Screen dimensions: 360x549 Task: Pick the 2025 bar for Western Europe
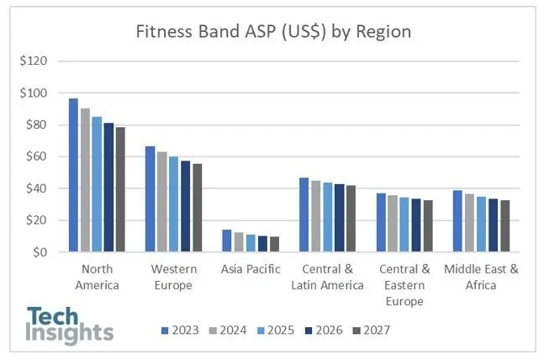[x=173, y=204]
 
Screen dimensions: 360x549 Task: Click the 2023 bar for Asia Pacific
[x=226, y=241]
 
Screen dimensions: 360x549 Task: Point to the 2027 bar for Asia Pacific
[x=274, y=244]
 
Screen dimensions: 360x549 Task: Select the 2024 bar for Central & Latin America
[x=316, y=216]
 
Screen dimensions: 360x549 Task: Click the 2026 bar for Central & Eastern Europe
[x=416, y=225]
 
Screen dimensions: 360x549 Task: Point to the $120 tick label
[x=34, y=61]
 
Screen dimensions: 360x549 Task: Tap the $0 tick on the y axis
[x=39, y=252]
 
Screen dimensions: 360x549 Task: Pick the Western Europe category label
[x=173, y=277]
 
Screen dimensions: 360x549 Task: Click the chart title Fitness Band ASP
[x=274, y=33]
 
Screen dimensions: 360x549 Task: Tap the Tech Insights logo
[x=70, y=324]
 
